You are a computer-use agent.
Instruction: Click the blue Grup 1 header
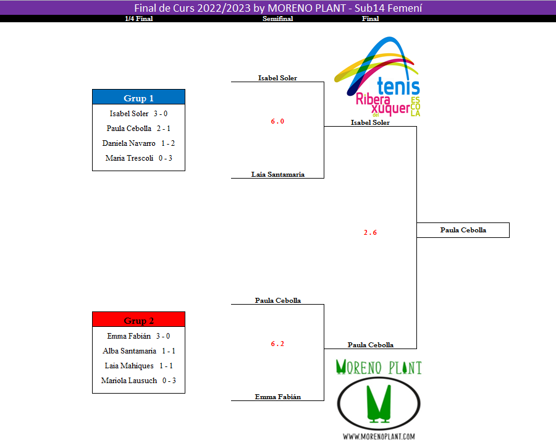(x=138, y=98)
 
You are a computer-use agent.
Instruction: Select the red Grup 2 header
(x=138, y=320)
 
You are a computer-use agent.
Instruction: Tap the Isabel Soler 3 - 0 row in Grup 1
(x=138, y=114)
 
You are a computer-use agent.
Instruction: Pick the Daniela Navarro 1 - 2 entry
(x=138, y=143)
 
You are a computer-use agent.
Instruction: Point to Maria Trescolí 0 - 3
(x=138, y=158)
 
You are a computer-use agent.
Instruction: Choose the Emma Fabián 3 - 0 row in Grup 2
(x=138, y=336)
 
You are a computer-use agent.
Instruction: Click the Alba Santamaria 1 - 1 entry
(x=138, y=351)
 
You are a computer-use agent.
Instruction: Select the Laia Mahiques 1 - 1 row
(x=138, y=366)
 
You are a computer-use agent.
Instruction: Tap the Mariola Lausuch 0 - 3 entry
(x=138, y=381)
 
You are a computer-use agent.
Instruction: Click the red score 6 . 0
(x=277, y=121)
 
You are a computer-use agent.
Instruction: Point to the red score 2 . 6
(x=370, y=232)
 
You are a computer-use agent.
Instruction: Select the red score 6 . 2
(x=277, y=344)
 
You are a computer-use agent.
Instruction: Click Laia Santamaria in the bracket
(x=277, y=174)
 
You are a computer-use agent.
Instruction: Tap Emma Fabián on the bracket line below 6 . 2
(x=277, y=397)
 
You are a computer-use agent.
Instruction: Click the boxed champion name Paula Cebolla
(x=463, y=230)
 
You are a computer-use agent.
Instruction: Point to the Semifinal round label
(x=277, y=19)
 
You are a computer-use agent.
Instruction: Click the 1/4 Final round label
(x=138, y=19)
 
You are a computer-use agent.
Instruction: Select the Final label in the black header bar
(x=370, y=19)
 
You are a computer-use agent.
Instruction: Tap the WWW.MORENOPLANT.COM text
(x=379, y=436)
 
